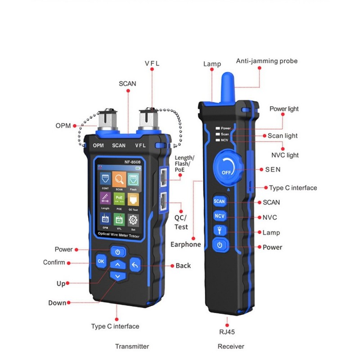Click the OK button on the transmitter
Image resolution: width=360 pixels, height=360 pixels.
coord(101,261)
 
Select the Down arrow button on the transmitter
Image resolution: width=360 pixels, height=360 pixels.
coord(117,275)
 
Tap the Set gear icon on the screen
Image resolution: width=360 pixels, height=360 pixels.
coord(133,220)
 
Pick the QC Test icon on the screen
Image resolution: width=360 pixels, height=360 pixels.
coord(133,200)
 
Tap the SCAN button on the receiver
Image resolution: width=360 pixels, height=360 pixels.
coord(219,201)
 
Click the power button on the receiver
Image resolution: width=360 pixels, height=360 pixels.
coord(219,245)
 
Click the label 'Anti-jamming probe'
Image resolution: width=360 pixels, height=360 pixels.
coord(267,61)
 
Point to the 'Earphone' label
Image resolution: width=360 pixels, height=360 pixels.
coord(185,244)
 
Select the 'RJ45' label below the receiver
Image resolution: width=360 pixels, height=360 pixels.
coord(228,332)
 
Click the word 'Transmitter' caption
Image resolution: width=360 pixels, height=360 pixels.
coord(132,346)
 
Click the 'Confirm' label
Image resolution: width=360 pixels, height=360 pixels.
coord(54,262)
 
